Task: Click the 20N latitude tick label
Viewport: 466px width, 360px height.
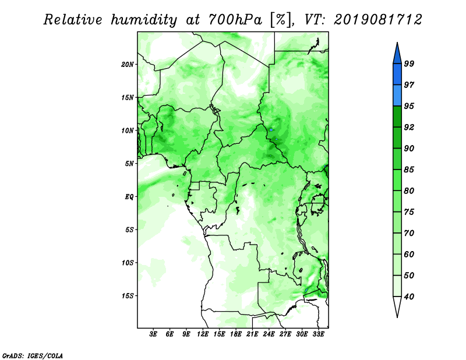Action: (128, 65)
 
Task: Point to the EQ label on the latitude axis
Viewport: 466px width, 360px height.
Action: (129, 197)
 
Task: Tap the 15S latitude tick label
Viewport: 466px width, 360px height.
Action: (128, 296)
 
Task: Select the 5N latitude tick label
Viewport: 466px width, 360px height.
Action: (129, 164)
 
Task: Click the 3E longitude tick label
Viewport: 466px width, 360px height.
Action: (153, 334)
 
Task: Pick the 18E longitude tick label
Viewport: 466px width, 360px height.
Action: (236, 334)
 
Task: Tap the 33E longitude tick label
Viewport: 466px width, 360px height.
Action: (318, 334)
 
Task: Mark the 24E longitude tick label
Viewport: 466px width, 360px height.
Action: (269, 334)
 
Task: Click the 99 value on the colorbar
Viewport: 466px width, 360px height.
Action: (409, 63)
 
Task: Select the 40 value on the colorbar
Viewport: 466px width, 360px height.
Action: (409, 297)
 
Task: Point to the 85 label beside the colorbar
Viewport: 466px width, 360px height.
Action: (409, 170)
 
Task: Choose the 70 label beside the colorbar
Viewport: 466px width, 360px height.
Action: (409, 233)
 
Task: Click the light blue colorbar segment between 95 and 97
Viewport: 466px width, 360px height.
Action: (397, 96)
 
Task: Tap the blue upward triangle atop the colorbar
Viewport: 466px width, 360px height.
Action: (397, 54)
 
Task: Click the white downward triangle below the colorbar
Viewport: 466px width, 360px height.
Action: (397, 306)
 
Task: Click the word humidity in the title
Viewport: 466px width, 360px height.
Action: (144, 20)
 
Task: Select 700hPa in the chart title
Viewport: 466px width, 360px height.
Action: (235, 20)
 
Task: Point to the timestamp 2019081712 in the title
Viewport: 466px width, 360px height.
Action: (377, 20)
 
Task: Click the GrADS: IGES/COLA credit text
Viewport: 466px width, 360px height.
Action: (33, 355)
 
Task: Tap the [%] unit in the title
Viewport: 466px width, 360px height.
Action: (281, 20)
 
